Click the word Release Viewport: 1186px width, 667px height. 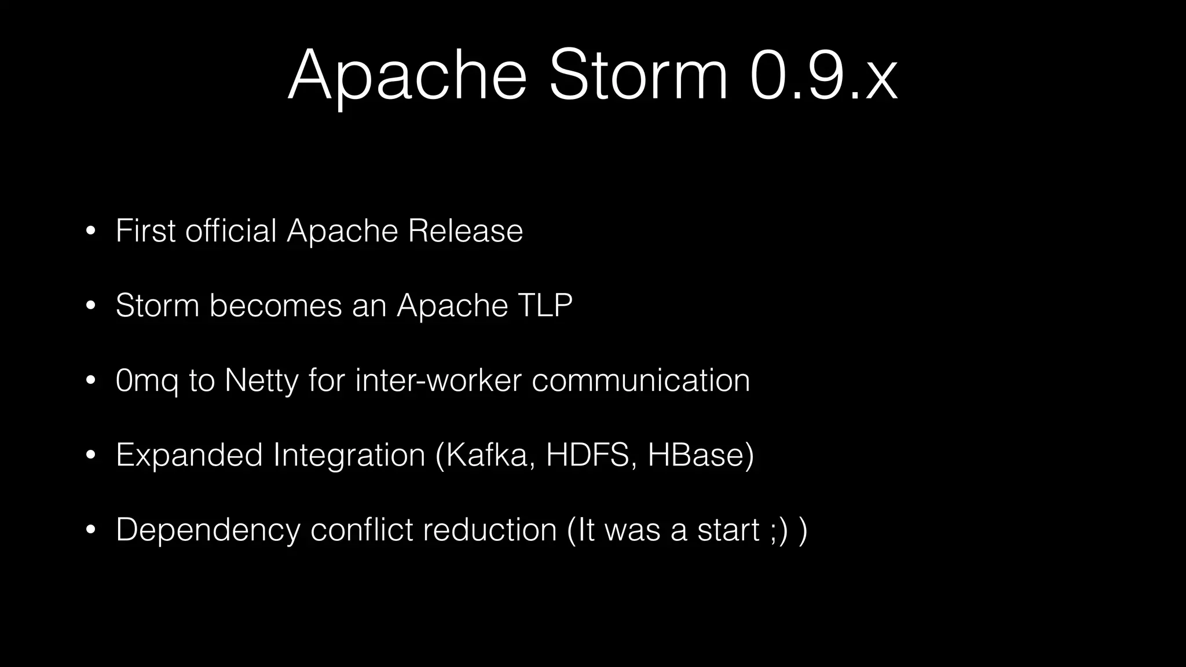pos(465,230)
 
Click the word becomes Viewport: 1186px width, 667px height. pos(276,305)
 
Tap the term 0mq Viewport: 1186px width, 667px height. pos(147,381)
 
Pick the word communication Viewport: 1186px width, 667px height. pos(640,380)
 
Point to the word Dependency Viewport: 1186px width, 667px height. pos(208,530)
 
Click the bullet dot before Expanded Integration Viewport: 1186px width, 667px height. pos(90,455)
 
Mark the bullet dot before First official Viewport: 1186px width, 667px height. pos(90,231)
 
